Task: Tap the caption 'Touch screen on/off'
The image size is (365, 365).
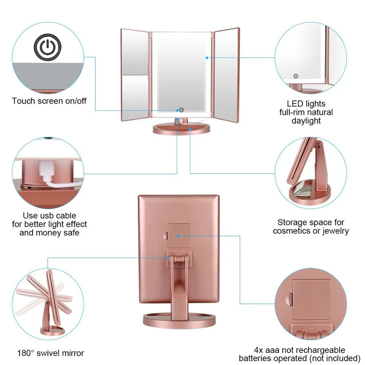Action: [49, 101]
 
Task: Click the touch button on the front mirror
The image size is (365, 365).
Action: [182, 110]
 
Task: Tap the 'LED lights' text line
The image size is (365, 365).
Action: [306, 104]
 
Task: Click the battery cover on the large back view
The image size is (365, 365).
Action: [178, 236]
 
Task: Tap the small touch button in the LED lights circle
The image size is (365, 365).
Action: [295, 76]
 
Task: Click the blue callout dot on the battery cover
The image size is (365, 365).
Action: [179, 236]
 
